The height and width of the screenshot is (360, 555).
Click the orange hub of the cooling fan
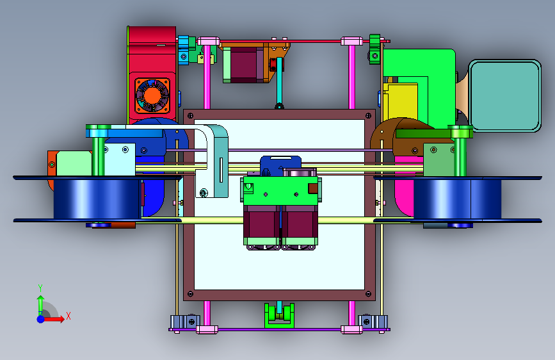[x=152, y=95]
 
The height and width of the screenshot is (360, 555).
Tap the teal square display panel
[x=504, y=95]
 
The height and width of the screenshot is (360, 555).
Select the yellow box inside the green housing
[x=400, y=101]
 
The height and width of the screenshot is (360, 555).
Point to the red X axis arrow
[x=54, y=319]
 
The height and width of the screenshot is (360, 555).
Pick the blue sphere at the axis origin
[x=41, y=319]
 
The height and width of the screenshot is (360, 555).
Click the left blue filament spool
[x=97, y=199]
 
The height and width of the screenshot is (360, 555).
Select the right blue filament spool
[x=458, y=199]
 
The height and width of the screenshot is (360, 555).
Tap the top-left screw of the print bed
[x=190, y=116]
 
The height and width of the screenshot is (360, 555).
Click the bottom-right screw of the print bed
[x=369, y=294]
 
